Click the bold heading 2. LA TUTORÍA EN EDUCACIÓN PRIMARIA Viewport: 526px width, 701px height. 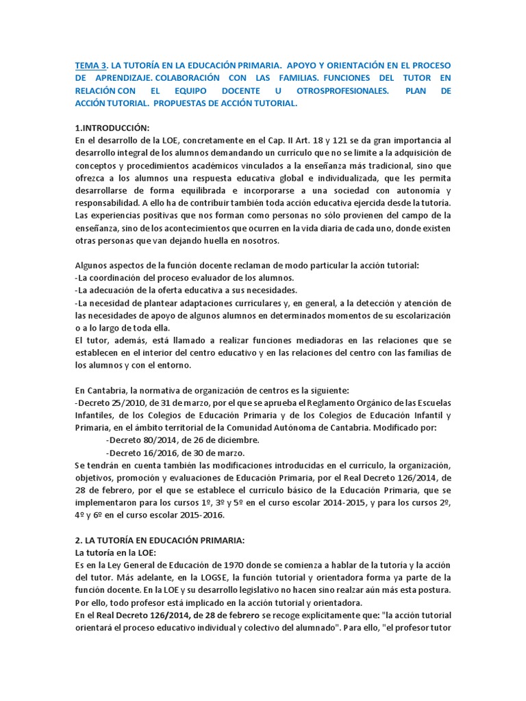(x=159, y=540)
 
